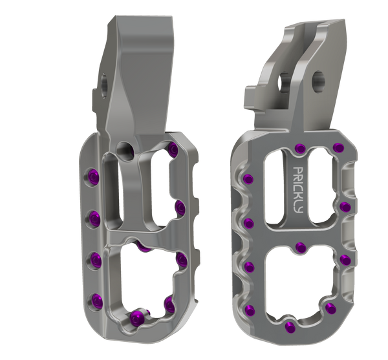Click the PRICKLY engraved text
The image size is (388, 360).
(x=298, y=190)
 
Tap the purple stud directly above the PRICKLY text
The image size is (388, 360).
(x=301, y=148)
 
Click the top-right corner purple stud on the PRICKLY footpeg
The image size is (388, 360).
(x=338, y=147)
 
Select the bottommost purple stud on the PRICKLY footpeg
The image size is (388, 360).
(x=290, y=328)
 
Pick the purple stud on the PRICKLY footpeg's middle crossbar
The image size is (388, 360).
(x=301, y=248)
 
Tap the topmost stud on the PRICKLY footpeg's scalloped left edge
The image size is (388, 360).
(x=248, y=179)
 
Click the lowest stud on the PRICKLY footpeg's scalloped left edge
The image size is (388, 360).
(x=250, y=310)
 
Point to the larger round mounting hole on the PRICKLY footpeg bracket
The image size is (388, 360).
(x=318, y=81)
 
